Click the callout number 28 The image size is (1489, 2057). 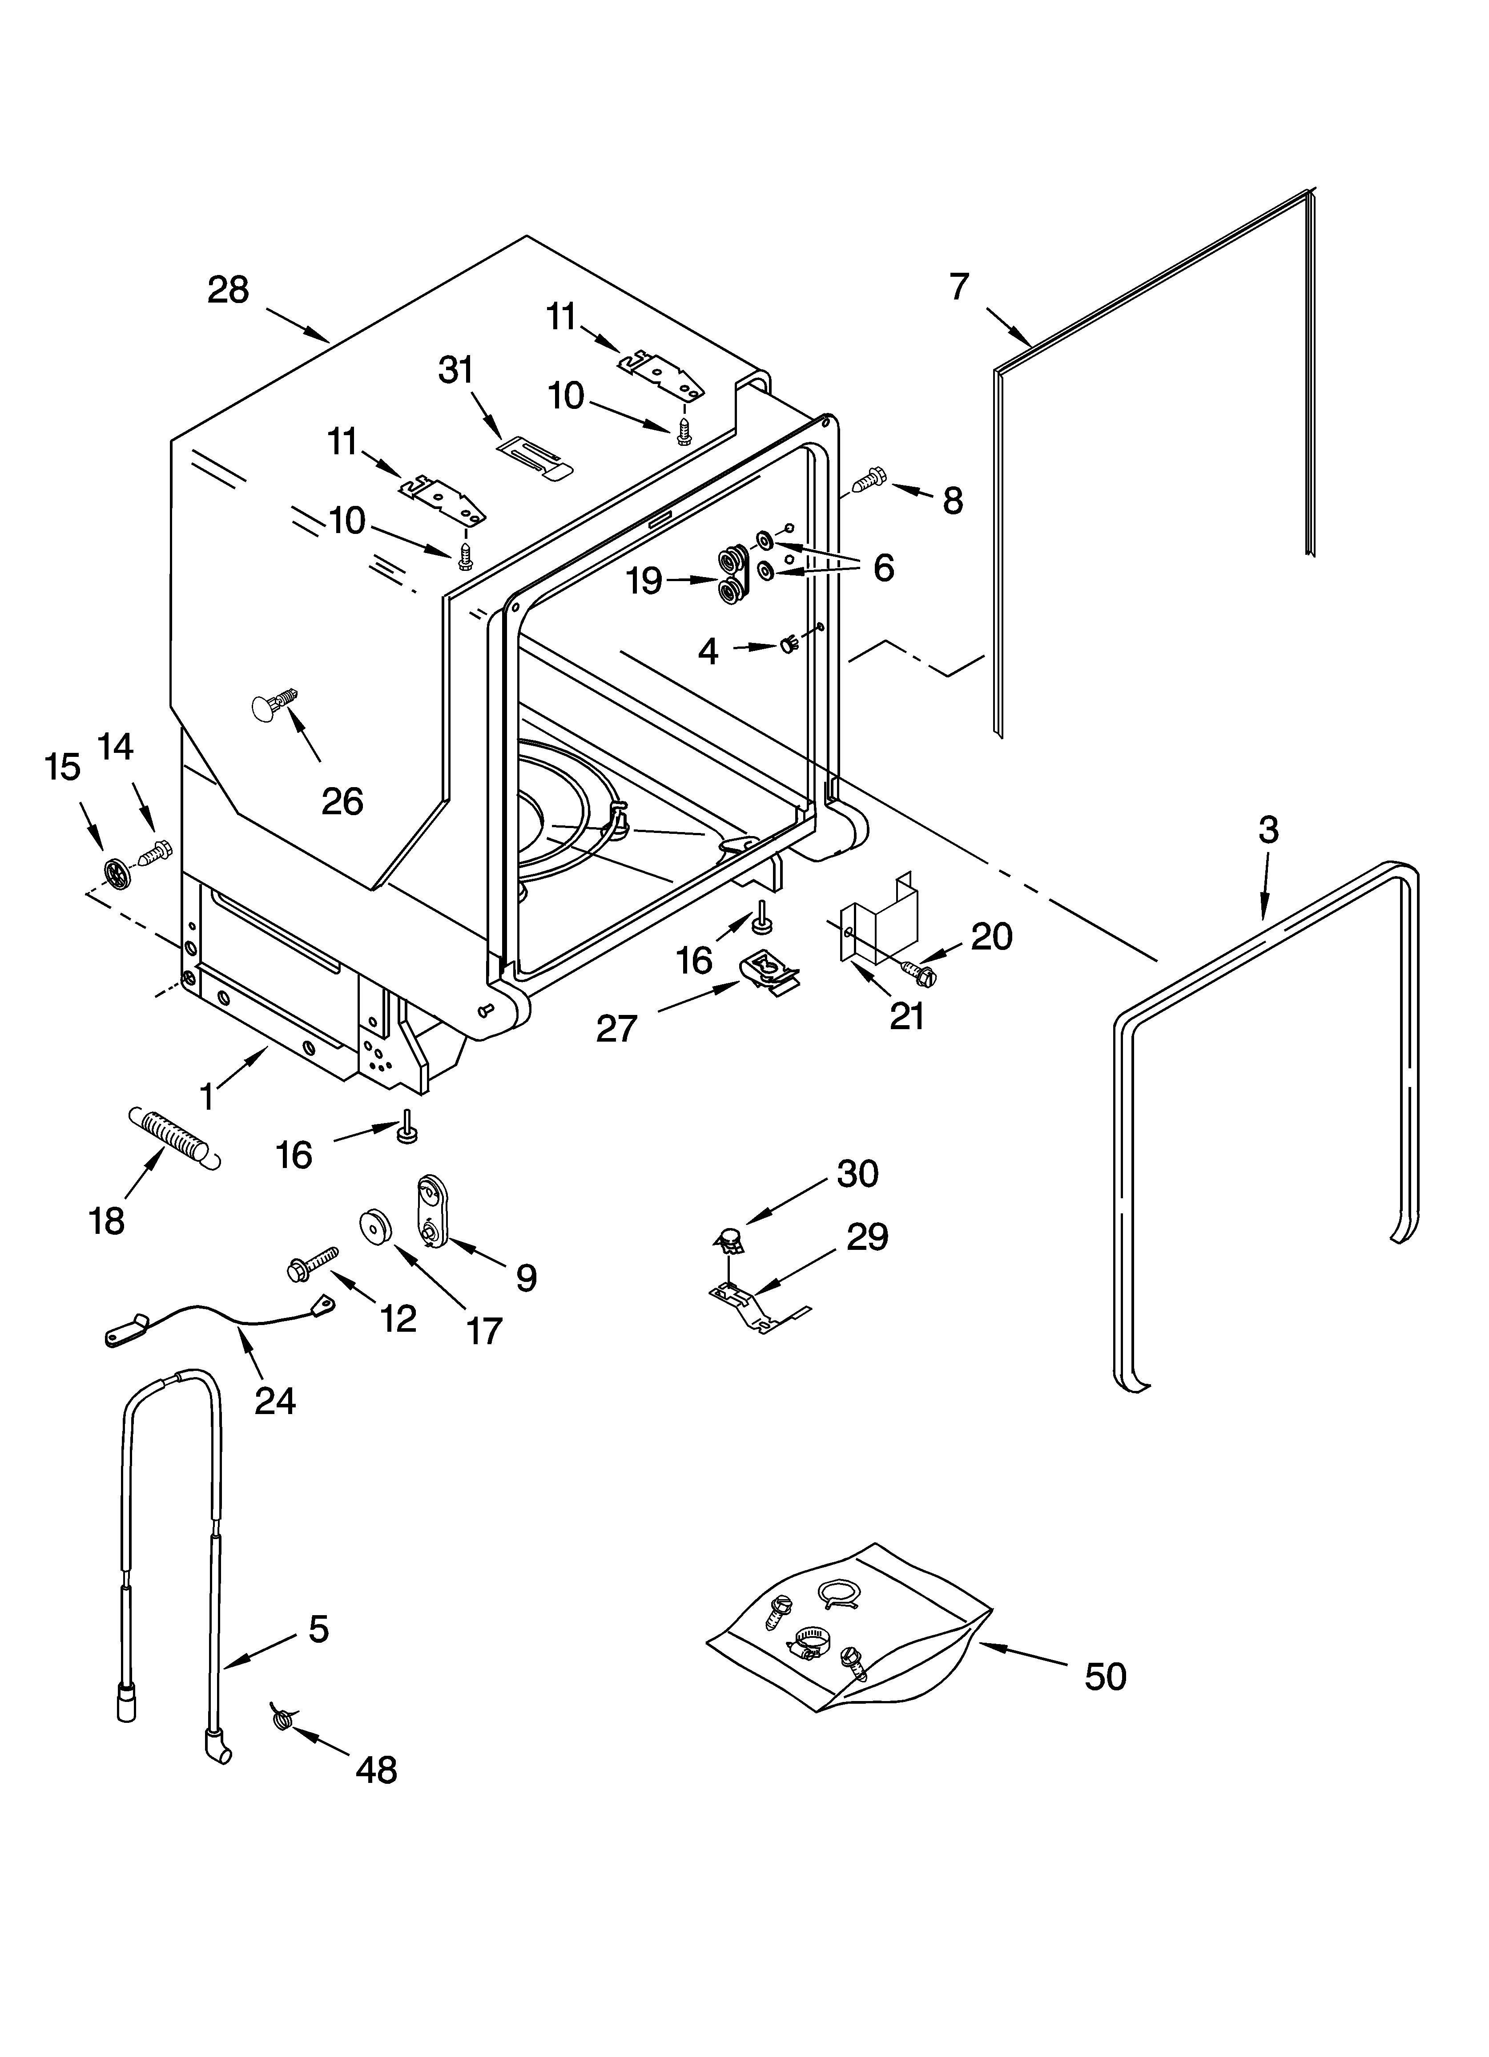[x=228, y=290]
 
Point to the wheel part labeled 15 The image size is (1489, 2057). [x=116, y=873]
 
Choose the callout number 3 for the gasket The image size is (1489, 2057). [x=1268, y=829]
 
